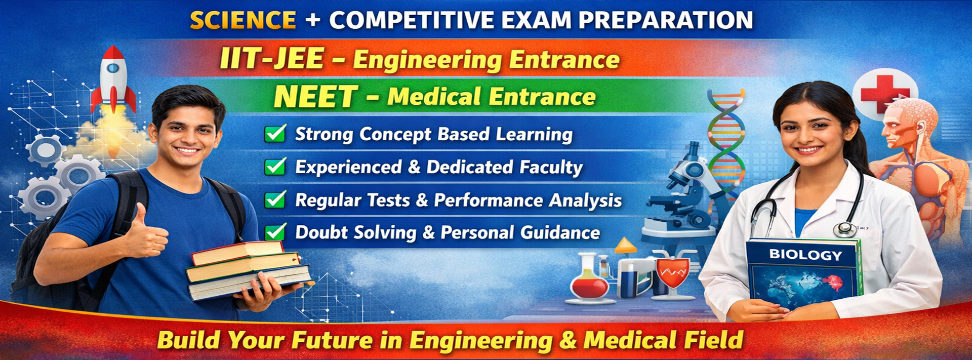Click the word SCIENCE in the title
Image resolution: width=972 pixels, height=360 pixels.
pos(243,20)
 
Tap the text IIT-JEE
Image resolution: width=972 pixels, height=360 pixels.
pos(272,58)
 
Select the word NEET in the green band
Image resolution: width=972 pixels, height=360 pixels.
pos(316,96)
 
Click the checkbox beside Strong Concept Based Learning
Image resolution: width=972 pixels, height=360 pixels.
pos(276,133)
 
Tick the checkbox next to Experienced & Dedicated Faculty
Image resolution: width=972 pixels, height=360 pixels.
pos(276,166)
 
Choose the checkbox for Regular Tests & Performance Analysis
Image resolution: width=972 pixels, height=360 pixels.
pos(276,199)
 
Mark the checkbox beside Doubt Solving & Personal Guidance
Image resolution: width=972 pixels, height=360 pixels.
pos(276,231)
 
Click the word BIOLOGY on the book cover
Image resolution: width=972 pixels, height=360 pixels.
pos(805,255)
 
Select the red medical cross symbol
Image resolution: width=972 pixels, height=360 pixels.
pos(884,94)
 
